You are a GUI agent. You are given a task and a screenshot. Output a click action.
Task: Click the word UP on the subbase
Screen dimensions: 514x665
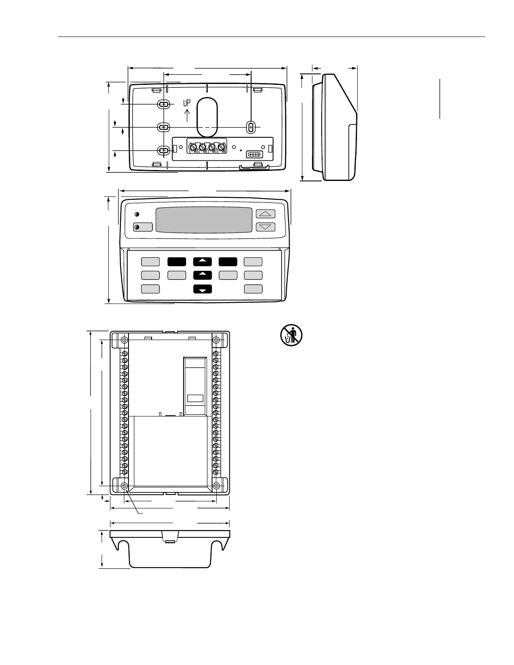[187, 103]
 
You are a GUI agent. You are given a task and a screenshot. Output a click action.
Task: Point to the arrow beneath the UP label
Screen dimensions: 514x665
[187, 114]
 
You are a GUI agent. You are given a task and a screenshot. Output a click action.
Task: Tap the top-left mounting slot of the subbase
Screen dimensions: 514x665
[164, 104]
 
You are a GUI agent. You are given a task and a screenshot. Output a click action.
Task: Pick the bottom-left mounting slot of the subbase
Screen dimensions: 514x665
[164, 150]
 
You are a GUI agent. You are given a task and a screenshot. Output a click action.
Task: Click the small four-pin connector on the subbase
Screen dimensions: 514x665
[254, 154]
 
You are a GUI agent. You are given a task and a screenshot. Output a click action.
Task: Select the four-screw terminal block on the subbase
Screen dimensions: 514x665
[207, 147]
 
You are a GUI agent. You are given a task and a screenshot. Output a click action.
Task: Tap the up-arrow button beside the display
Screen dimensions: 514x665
[265, 214]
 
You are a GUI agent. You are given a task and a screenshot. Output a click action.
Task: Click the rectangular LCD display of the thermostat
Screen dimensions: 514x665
[204, 220]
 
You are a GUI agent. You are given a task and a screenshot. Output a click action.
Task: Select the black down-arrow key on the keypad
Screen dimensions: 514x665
[202, 289]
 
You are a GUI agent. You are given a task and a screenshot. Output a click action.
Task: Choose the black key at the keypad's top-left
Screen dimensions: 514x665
[177, 262]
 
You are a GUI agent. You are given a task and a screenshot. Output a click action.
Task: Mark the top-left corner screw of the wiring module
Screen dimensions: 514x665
[124, 340]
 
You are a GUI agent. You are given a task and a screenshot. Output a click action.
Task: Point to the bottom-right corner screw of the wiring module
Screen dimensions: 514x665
[216, 486]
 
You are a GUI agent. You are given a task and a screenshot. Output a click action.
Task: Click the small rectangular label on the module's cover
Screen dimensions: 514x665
[195, 398]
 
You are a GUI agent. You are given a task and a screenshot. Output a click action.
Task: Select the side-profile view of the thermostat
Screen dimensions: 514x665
[335, 127]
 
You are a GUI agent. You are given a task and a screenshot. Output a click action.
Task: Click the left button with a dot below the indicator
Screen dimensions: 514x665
[143, 227]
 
